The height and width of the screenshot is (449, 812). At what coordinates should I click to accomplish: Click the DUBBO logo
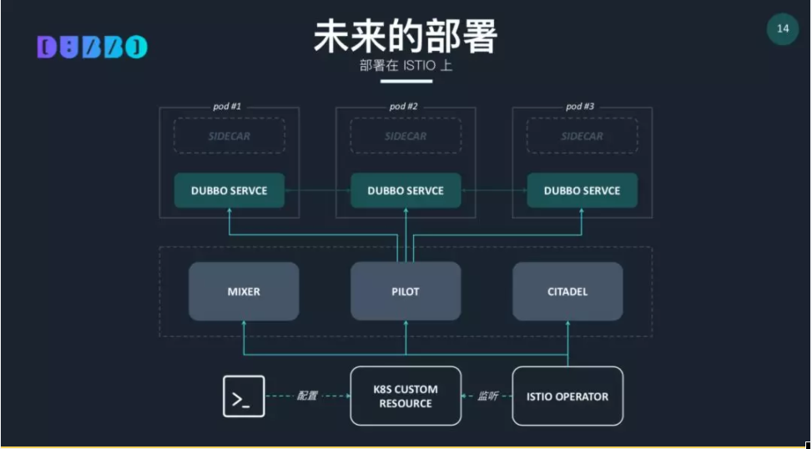pos(92,48)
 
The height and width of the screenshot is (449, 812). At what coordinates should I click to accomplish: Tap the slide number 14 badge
pos(783,29)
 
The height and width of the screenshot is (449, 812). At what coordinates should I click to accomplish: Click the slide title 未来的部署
pos(406,36)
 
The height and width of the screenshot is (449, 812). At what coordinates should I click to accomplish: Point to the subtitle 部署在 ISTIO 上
pos(406,66)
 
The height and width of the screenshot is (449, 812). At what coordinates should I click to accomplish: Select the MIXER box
pos(244,291)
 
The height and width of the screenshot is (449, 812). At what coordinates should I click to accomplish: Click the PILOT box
pos(406,291)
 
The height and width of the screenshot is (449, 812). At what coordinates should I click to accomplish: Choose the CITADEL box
pos(567,291)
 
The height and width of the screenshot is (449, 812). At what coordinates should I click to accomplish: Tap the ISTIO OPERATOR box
pos(567,396)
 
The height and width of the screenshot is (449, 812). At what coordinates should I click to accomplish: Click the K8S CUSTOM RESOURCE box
pos(406,396)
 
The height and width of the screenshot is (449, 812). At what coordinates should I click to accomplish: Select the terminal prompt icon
pos(244,396)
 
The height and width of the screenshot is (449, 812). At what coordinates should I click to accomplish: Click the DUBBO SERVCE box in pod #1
pos(229,190)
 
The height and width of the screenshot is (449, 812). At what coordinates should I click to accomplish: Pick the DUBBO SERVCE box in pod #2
pos(406,190)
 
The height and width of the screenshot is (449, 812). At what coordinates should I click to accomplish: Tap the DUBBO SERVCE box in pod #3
pos(582,190)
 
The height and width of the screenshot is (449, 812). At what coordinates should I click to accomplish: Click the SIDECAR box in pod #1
pos(229,136)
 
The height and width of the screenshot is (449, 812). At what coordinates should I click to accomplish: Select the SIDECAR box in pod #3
pos(582,136)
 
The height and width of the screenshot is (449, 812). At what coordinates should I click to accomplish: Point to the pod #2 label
pos(404,107)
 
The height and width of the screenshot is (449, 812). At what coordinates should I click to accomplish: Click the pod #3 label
pos(580,107)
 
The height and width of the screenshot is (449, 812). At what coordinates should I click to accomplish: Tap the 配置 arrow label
pos(307,396)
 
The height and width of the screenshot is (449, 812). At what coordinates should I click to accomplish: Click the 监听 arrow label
pos(487,396)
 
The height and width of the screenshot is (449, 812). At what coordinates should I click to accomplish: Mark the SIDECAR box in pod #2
pos(406,136)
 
